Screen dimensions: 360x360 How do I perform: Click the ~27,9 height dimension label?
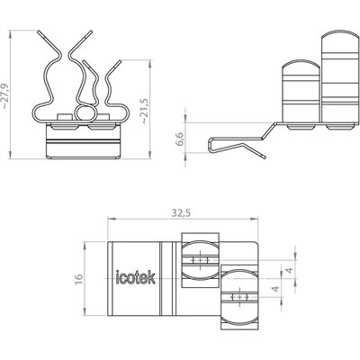tap(6, 95)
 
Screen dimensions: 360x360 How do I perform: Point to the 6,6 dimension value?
tap(181, 138)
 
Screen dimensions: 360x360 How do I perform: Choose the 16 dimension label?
tap(78, 279)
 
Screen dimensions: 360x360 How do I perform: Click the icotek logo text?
tap(136, 277)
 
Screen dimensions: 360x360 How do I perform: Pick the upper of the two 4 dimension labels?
tap(290, 270)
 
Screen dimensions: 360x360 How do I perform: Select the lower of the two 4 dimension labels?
tap(275, 289)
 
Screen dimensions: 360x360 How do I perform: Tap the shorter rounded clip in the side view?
tap(301, 92)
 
